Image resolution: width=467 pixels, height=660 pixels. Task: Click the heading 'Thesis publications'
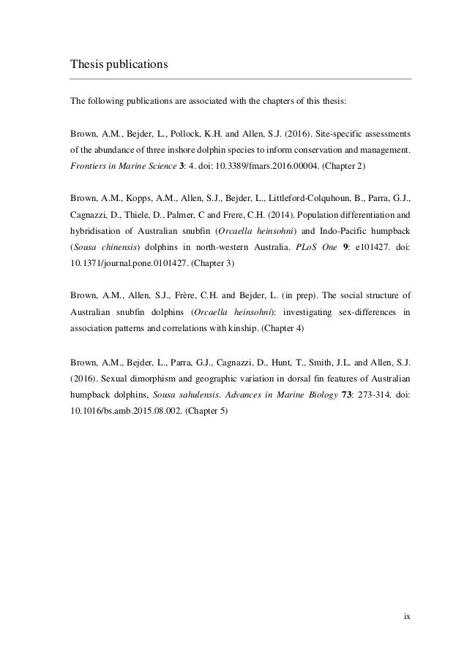[119, 64]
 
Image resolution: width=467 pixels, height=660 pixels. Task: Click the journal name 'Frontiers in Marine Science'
[117, 166]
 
